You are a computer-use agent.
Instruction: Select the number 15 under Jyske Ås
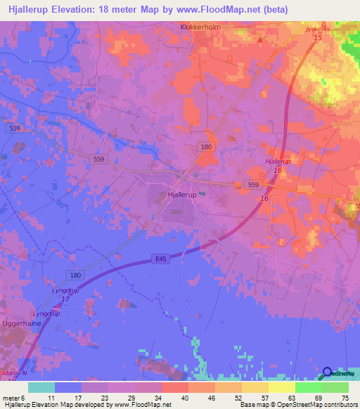(x=318, y=37)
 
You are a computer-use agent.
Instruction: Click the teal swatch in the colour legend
(x=41, y=387)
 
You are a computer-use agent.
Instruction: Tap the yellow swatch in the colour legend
(x=282, y=387)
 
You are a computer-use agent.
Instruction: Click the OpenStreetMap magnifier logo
(x=328, y=374)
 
